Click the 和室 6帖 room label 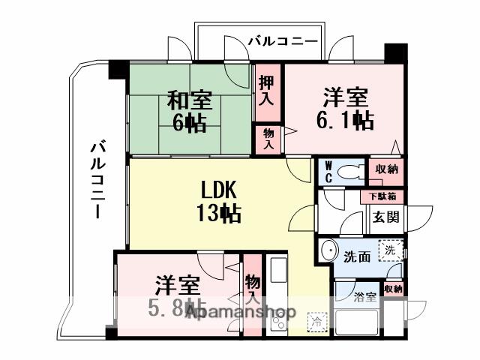click(x=189, y=110)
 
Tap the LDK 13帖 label click(x=219, y=201)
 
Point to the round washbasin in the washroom click(x=328, y=251)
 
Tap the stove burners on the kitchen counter click(x=278, y=319)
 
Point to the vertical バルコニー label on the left click(x=96, y=178)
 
